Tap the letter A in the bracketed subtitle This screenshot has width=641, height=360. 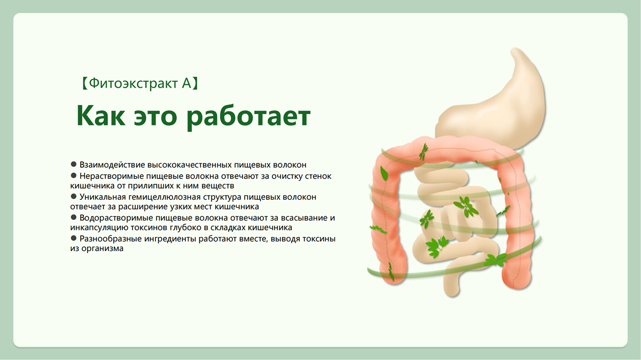[x=186, y=83]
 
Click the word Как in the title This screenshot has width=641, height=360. [x=101, y=115]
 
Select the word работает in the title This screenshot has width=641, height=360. [x=248, y=118]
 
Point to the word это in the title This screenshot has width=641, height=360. [x=155, y=118]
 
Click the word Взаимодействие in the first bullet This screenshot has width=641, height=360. [x=113, y=165]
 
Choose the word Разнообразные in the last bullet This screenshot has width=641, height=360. [x=111, y=239]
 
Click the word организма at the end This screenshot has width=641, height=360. [x=102, y=249]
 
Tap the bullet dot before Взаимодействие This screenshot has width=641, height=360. [x=74, y=165]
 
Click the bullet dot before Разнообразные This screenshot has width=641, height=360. [x=74, y=238]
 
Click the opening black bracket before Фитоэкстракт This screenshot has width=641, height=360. [x=84, y=83]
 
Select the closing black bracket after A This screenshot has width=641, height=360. [x=195, y=83]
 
